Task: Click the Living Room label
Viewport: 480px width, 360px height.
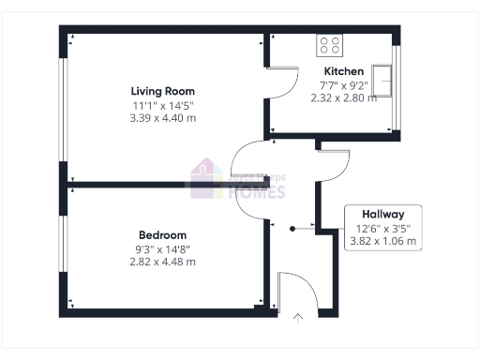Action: point(156,91)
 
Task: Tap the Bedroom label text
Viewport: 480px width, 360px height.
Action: point(162,234)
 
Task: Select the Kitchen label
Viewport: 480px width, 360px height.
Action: point(343,71)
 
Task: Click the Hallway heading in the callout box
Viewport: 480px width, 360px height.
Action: point(383,214)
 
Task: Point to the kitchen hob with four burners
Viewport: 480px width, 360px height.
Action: point(330,45)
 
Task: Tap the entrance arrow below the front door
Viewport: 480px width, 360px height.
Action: point(299,317)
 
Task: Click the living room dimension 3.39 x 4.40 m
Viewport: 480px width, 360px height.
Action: point(156,118)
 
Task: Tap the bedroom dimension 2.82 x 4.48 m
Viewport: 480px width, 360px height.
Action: point(162,262)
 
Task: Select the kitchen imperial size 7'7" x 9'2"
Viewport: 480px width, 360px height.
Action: point(343,84)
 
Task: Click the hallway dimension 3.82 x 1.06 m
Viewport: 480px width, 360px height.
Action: point(382,241)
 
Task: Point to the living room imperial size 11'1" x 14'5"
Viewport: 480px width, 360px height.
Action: point(156,105)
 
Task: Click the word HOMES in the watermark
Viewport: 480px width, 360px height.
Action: point(259,192)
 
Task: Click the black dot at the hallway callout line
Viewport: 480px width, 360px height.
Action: point(292,227)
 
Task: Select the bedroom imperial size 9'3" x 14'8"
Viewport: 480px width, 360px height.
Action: point(162,248)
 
